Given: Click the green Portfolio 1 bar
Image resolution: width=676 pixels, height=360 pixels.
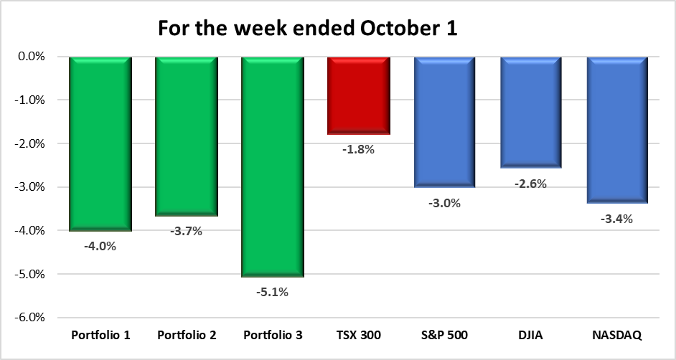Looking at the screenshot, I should (100, 143).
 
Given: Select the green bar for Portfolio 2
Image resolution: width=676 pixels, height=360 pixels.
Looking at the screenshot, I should (186, 136).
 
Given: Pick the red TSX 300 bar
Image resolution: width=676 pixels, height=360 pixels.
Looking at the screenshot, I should (359, 95).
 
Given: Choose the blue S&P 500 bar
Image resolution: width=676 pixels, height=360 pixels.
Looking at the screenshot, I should (445, 122).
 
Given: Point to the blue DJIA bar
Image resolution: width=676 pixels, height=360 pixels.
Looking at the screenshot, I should (531, 113).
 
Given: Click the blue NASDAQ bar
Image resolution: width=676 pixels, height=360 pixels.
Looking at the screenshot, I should (617, 130).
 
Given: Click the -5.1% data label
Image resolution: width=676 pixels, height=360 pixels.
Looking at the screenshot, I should (273, 292).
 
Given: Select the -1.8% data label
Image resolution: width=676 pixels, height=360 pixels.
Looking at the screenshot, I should (359, 150).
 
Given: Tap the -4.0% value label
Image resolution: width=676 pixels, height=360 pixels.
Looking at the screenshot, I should (100, 247).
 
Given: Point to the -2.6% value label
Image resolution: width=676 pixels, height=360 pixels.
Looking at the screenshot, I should (531, 184).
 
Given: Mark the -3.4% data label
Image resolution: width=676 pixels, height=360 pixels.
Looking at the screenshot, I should (617, 219).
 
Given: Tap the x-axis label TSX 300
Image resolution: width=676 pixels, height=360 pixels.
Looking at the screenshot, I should (359, 336).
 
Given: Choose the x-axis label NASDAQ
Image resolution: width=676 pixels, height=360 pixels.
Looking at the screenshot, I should (617, 336).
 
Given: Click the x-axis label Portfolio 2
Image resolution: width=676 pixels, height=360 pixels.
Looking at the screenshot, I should (186, 336).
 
